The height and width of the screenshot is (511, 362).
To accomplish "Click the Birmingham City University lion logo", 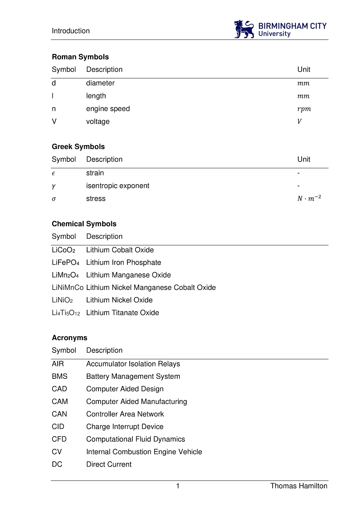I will pyautogui.click(x=244, y=29).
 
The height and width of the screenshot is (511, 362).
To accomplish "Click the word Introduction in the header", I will pyautogui.click(x=71, y=31).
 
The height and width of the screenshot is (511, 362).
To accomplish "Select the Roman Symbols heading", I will pyautogui.click(x=80, y=57).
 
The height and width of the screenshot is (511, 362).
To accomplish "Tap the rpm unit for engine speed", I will pyautogui.click(x=304, y=109).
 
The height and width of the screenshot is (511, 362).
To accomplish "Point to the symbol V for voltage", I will pyautogui.click(x=54, y=121).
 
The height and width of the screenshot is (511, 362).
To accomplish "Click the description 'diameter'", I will pyautogui.click(x=100, y=83).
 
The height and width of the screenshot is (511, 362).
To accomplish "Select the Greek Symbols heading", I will pyautogui.click(x=78, y=146).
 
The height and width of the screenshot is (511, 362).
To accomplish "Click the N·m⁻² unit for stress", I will pyautogui.click(x=309, y=198).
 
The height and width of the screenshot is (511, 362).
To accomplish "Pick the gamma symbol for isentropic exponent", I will pyautogui.click(x=54, y=186).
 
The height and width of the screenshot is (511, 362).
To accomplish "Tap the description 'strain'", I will pyautogui.click(x=95, y=173).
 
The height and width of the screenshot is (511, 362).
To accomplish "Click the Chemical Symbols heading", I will pyautogui.click(x=84, y=224).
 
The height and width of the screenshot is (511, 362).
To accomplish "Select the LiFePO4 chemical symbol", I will pyautogui.click(x=66, y=262).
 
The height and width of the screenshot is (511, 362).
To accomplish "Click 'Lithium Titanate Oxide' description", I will pyautogui.click(x=123, y=313).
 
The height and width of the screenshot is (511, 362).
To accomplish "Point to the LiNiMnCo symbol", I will pyautogui.click(x=67, y=288).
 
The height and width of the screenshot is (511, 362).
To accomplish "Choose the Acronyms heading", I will pyautogui.click(x=69, y=338).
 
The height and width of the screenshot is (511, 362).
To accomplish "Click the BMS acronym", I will pyautogui.click(x=60, y=376).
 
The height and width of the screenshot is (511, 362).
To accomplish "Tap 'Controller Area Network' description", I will pyautogui.click(x=125, y=414).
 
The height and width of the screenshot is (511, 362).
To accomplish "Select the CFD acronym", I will pyautogui.click(x=59, y=439).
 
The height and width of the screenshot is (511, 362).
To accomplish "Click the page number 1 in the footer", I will pyautogui.click(x=178, y=486).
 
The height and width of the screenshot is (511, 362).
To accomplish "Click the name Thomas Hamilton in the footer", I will pyautogui.click(x=299, y=486).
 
